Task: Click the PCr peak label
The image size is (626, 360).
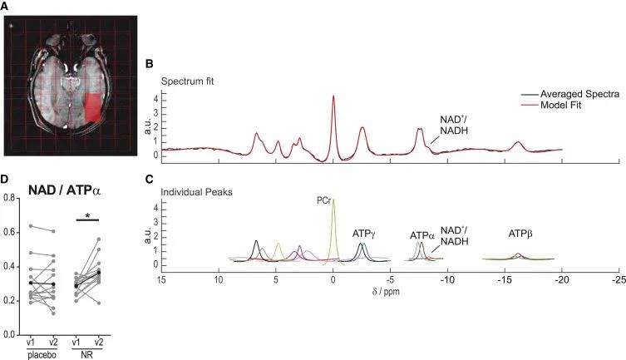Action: coord(323,200)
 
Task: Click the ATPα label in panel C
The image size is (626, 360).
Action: coord(422,236)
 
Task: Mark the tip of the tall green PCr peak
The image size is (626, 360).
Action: coord(333,198)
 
